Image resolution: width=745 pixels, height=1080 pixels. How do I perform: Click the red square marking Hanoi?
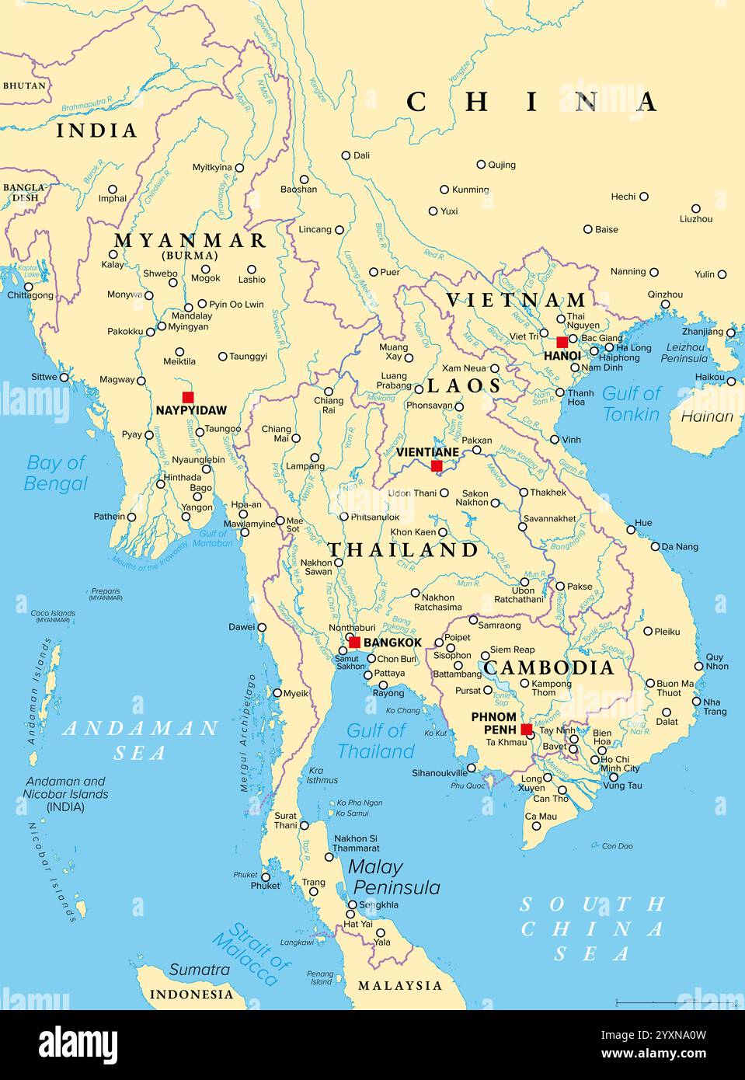[x=562, y=342]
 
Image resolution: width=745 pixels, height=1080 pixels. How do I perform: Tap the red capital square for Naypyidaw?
[x=187, y=397]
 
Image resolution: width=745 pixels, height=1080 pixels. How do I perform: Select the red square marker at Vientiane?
[x=437, y=465]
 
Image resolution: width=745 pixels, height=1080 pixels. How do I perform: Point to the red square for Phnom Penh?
[x=526, y=730]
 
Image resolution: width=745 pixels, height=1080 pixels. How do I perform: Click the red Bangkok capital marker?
[x=354, y=642]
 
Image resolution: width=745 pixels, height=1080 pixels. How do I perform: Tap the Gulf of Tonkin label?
[x=631, y=404]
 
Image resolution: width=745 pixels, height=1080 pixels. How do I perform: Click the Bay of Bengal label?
[x=55, y=473]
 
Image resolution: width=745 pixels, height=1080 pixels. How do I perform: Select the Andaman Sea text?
[x=140, y=740]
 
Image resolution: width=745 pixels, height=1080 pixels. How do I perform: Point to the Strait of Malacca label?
[x=251, y=953]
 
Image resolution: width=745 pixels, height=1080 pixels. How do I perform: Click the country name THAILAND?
[x=402, y=550]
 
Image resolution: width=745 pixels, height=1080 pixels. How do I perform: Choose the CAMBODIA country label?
[x=548, y=667]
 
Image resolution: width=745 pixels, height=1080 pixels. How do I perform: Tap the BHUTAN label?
[x=24, y=85]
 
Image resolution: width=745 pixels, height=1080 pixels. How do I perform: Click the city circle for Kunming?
[x=444, y=190]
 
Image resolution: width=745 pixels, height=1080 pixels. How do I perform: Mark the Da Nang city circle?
[x=655, y=546]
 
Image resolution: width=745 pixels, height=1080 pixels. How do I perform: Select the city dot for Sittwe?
[x=64, y=378]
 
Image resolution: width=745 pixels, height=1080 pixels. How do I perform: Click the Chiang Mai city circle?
[x=295, y=438]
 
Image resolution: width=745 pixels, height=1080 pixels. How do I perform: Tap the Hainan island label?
[x=707, y=416]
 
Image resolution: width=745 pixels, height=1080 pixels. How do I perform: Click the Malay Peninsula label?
[x=395, y=877]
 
